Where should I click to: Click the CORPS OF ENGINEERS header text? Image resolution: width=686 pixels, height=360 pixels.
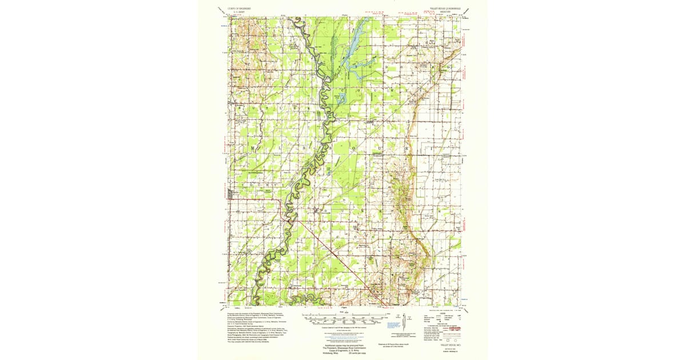click(x=233, y=10)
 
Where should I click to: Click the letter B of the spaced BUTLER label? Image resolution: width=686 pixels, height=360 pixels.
click(x=240, y=107)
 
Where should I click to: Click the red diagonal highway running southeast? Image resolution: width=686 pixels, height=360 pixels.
click(x=332, y=251)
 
